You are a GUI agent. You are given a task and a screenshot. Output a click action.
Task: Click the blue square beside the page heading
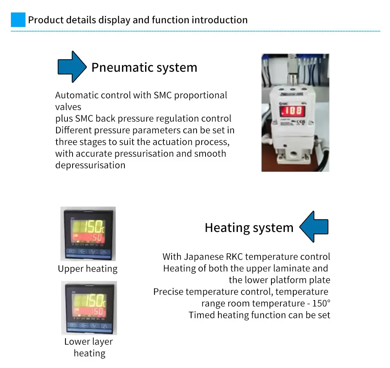click(x=18, y=19)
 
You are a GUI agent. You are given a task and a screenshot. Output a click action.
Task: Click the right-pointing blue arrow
click(x=71, y=67)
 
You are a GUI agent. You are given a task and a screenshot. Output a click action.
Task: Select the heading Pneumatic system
click(x=144, y=67)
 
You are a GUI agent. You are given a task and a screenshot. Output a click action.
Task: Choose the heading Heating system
click(x=249, y=227)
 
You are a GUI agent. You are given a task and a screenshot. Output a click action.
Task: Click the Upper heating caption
click(x=87, y=269)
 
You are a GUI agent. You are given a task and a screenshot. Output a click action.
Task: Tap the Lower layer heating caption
click(x=89, y=347)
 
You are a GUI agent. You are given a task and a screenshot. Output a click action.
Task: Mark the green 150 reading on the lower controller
click(x=93, y=301)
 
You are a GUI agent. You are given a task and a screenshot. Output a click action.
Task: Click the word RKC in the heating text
click(x=234, y=257)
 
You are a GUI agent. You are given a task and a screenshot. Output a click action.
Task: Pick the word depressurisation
click(x=90, y=165)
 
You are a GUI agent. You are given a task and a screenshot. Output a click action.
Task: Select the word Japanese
click(x=203, y=257)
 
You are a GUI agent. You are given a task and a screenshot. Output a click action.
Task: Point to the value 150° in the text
click(x=321, y=303)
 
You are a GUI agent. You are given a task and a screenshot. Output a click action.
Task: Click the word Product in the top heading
click(x=43, y=19)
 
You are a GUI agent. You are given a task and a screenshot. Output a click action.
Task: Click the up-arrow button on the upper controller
click(x=103, y=251)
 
